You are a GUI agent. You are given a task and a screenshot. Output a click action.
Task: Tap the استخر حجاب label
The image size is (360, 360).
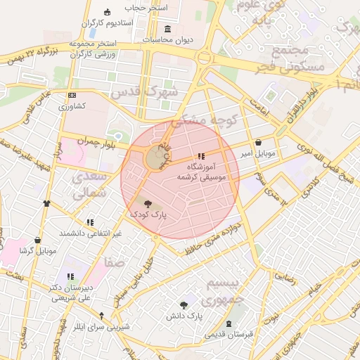pos(147,7)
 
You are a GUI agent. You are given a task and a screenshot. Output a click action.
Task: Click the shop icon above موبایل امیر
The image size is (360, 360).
pos(259,142)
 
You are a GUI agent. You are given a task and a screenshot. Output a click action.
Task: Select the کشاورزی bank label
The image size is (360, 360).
pos(72,106)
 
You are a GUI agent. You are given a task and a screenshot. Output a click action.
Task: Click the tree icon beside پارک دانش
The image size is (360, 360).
pos(184,305)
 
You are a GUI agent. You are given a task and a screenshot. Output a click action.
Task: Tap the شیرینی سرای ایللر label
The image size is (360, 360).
pos(102,327)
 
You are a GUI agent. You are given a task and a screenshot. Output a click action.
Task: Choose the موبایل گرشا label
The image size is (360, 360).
pos(37,251)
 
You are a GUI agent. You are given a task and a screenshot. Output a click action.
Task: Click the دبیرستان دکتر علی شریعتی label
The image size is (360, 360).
pos(70,292)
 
